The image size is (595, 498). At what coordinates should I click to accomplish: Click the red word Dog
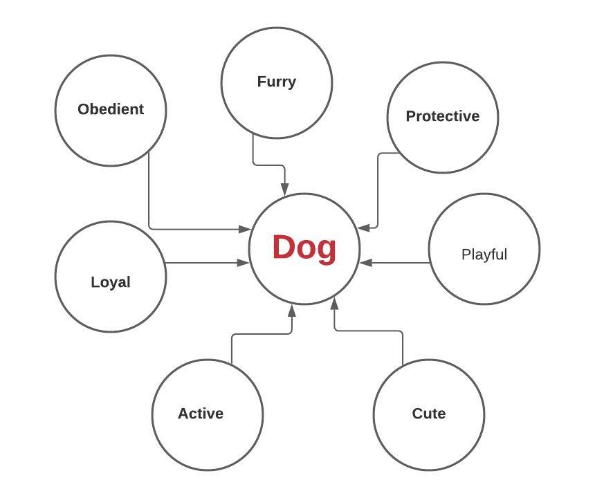click(304, 248)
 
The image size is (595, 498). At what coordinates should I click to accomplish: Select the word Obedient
click(111, 109)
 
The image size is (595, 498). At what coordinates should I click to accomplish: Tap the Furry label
click(276, 82)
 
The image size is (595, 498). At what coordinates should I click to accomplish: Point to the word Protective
click(442, 116)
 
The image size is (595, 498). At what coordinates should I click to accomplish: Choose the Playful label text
click(484, 255)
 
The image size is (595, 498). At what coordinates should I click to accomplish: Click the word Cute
click(428, 414)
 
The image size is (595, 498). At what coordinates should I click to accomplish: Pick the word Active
click(201, 414)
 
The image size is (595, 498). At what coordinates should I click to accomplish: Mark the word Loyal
click(111, 282)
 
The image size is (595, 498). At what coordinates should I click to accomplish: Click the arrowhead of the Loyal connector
click(244, 263)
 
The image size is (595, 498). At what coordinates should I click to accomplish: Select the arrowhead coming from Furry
click(284, 189)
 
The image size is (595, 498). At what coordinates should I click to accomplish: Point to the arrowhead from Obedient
click(244, 229)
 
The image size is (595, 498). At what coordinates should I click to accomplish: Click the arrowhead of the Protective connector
click(364, 227)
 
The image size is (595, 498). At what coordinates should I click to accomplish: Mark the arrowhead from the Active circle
click(292, 311)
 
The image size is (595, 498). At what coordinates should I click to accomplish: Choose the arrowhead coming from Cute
click(335, 303)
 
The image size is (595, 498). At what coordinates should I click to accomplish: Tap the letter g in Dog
click(327, 250)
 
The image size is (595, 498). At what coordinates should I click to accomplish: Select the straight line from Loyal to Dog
click(204, 263)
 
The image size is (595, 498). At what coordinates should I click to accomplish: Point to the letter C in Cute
click(418, 414)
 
